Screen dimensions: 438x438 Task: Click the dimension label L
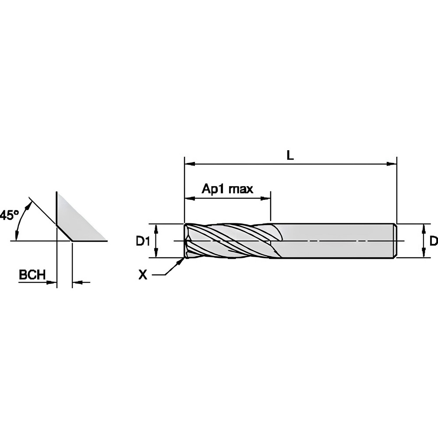pyautogui.click(x=290, y=155)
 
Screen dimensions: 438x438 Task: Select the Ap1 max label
pyautogui.click(x=227, y=189)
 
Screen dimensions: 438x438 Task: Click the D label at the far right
pyautogui.click(x=433, y=240)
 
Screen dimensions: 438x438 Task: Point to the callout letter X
pyautogui.click(x=142, y=275)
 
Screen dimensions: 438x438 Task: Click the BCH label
pyautogui.click(x=32, y=275)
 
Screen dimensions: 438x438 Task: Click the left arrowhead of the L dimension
pyautogui.click(x=189, y=164)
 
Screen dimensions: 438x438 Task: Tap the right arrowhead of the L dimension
pyautogui.click(x=392, y=164)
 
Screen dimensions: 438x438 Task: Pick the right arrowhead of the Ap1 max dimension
pyautogui.click(x=266, y=198)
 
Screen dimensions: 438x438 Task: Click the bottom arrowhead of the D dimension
pyautogui.click(x=424, y=254)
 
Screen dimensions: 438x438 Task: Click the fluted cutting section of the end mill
pyautogui.click(x=228, y=241)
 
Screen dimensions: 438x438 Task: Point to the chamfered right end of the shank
pyautogui.click(x=395, y=241)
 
